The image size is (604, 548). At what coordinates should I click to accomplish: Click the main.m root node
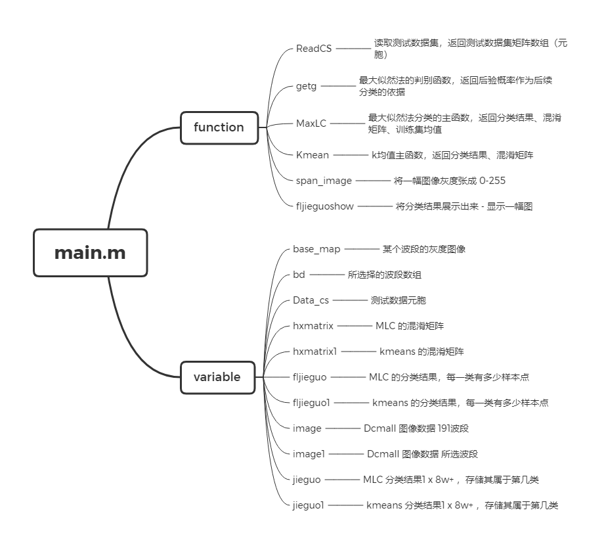pos(90,252)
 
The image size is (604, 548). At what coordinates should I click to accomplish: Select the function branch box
pos(219,127)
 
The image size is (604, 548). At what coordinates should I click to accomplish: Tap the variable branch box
pos(217,377)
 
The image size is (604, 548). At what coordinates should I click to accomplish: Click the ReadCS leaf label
pos(314,49)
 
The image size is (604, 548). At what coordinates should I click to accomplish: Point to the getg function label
pos(305,85)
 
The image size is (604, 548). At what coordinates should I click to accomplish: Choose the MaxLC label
pos(311,123)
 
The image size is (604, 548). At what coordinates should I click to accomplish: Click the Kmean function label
pos(312,155)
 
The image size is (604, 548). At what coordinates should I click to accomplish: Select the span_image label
pos(324,181)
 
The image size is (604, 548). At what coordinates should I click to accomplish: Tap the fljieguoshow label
pos(325,206)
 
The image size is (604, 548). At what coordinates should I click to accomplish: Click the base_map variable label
pos(316,250)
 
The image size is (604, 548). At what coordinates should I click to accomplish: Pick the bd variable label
pos(299,275)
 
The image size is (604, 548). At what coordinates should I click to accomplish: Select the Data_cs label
pos(311,300)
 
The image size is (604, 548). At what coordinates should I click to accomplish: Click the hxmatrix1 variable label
pos(315,352)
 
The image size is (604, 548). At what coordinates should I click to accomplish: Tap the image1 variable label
pos(309,453)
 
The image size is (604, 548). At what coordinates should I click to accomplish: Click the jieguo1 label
pos(309,505)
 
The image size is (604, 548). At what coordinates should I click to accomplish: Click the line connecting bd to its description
pos(326,275)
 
